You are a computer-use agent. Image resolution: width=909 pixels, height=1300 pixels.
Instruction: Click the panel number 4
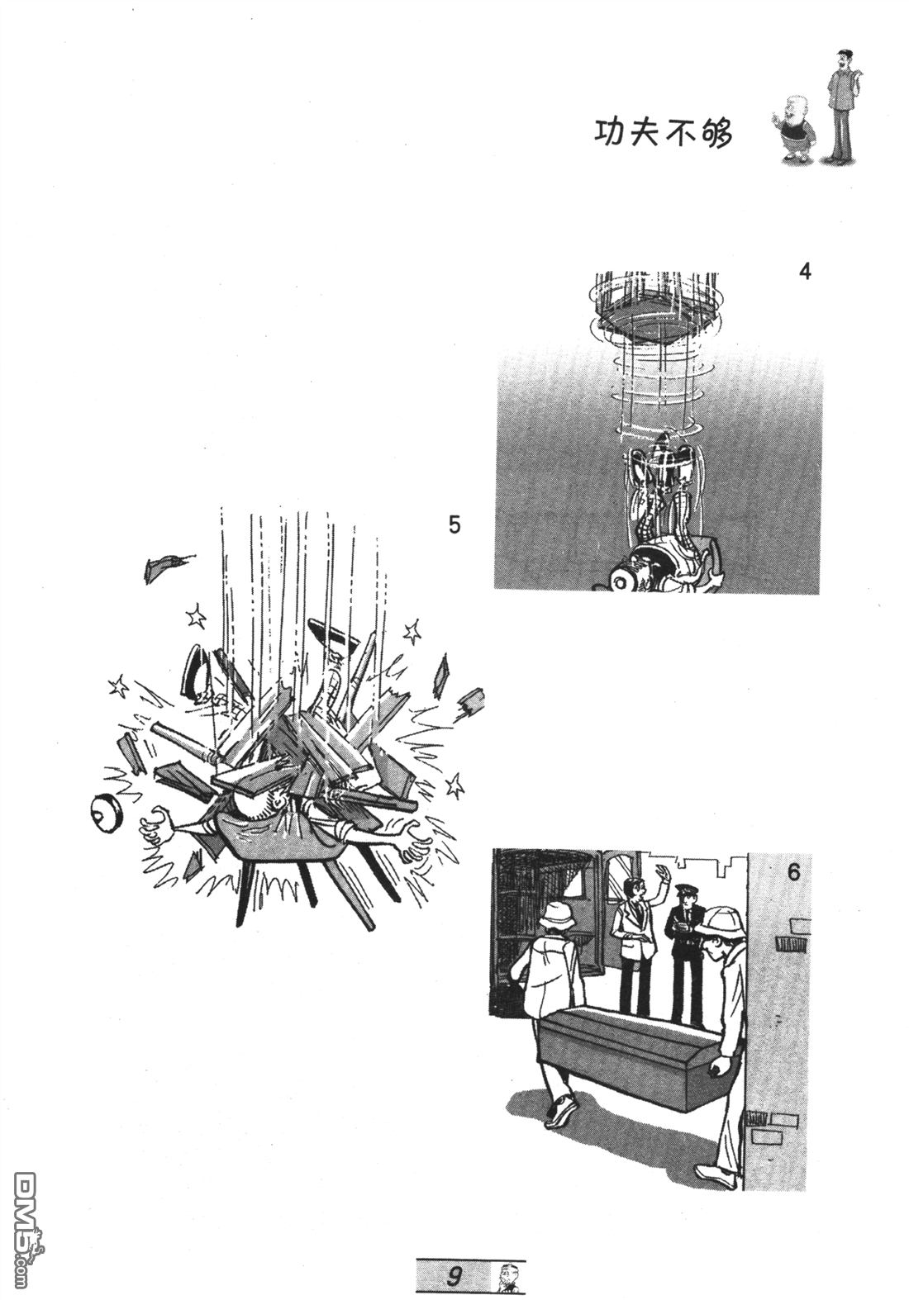804,271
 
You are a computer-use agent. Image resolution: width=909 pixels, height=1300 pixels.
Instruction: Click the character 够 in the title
716,133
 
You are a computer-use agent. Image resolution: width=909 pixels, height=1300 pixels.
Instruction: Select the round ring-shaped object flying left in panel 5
107,814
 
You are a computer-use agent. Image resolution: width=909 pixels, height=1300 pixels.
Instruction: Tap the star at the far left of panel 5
118,686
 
